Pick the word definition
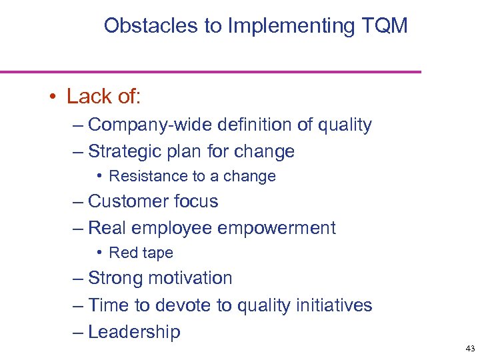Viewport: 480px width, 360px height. click(x=243, y=125)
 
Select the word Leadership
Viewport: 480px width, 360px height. click(x=134, y=332)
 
